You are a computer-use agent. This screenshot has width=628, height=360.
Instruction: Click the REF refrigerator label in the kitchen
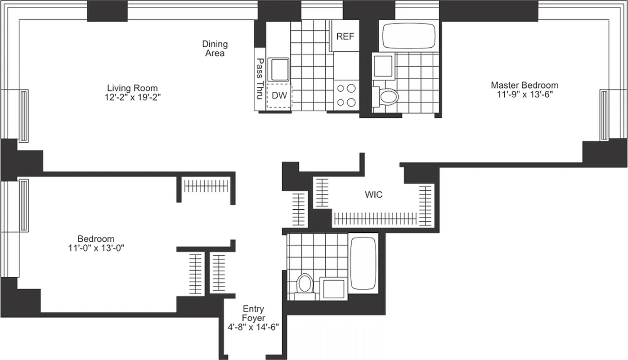(x=345, y=36)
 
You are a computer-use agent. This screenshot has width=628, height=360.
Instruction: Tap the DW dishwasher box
(x=279, y=95)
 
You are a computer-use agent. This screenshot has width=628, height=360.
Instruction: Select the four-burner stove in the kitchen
(x=346, y=95)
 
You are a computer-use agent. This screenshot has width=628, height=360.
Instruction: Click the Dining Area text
(x=215, y=48)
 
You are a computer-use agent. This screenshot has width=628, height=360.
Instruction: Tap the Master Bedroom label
(x=525, y=85)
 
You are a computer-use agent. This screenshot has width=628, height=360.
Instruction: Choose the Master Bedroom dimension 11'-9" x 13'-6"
(x=525, y=94)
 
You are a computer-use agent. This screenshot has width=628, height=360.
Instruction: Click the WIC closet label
(x=373, y=194)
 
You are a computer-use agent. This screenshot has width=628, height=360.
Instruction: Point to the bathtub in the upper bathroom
(x=409, y=36)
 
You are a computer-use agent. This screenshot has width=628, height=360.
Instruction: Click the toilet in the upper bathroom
(x=387, y=95)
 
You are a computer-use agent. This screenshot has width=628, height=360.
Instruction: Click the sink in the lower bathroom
(x=334, y=288)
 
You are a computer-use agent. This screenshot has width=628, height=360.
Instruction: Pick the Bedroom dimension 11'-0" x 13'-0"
(x=96, y=247)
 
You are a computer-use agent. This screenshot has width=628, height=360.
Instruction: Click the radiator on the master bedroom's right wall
(x=604, y=115)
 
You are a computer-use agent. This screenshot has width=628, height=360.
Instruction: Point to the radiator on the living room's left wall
(x=23, y=115)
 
